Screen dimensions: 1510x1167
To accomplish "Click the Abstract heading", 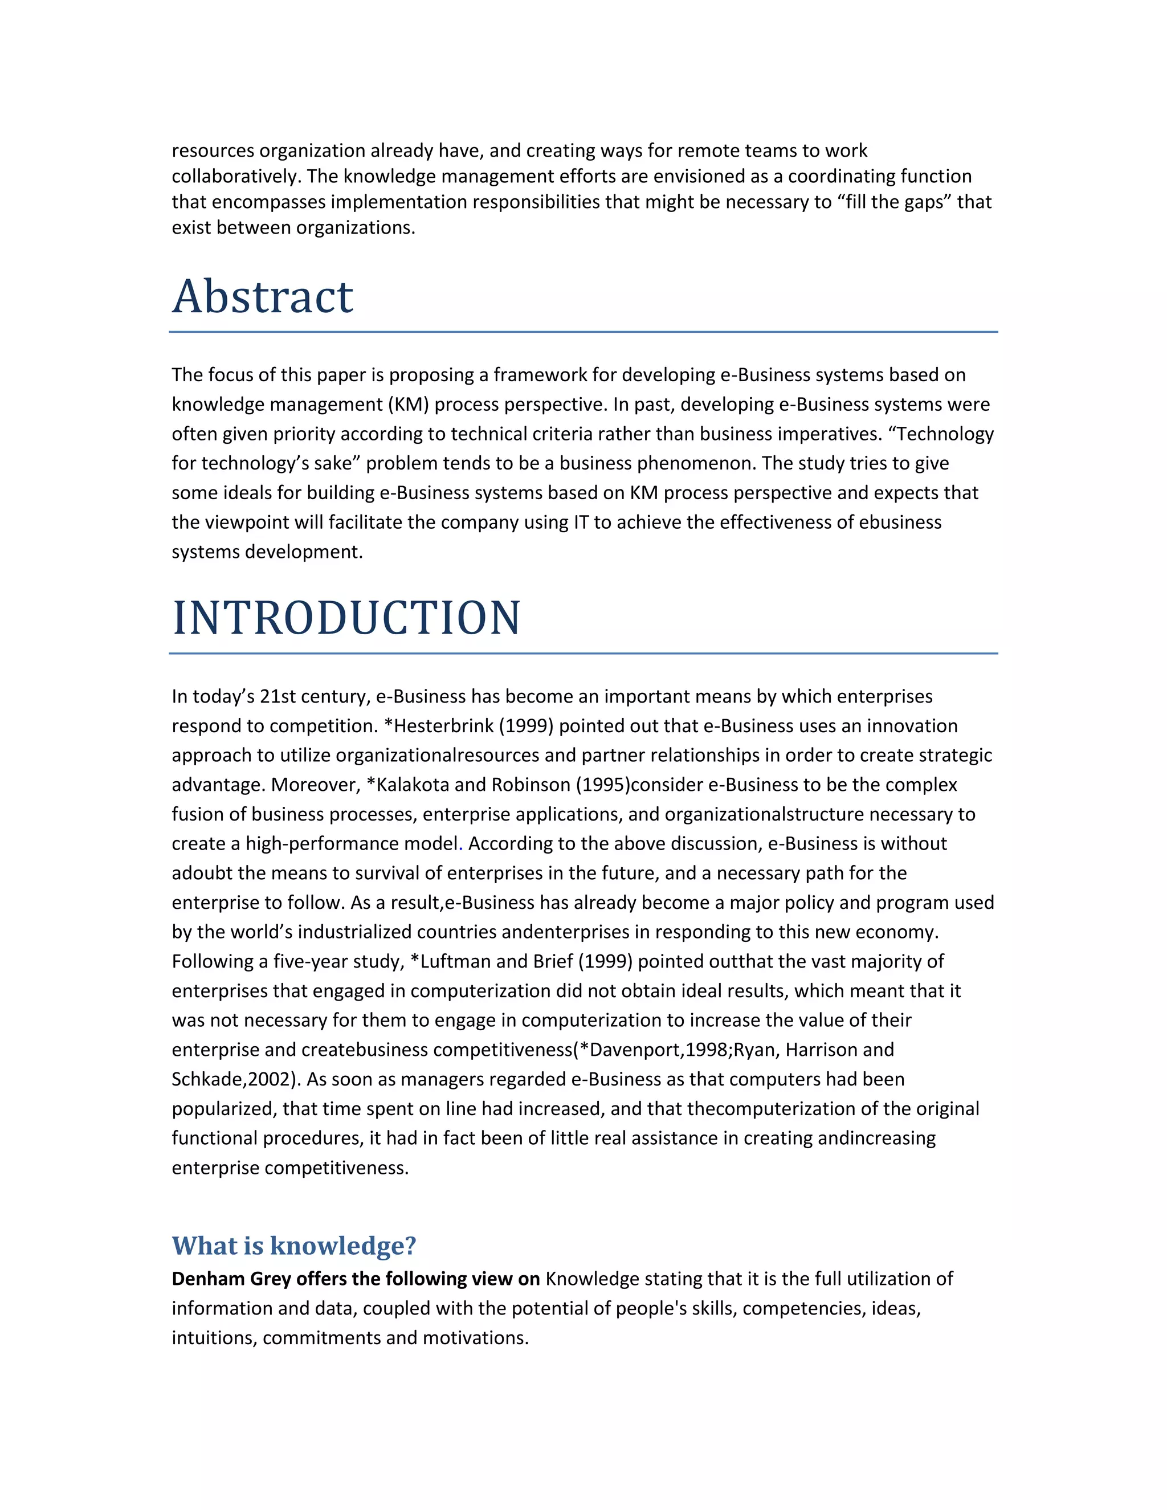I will [262, 297].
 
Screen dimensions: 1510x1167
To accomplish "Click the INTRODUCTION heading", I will [346, 618].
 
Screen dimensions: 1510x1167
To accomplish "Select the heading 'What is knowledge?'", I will [294, 1245].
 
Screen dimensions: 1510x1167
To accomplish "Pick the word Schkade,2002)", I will [236, 1079].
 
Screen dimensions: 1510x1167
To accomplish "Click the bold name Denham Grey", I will [231, 1279].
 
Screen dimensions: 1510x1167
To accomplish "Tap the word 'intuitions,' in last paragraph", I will [214, 1337].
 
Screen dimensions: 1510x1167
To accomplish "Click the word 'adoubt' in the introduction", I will [202, 872].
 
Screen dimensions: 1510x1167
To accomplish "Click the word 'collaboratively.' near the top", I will [236, 176].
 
